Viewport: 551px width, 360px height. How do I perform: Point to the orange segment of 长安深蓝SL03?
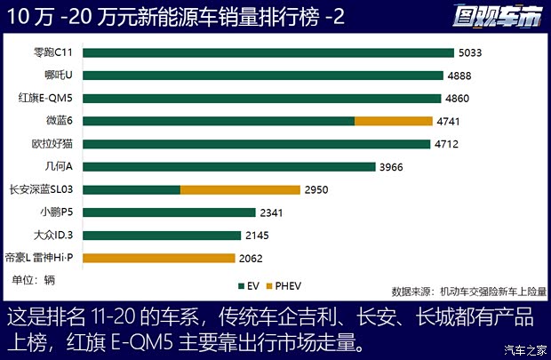(x=240, y=189)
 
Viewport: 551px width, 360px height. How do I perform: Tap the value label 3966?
(x=396, y=166)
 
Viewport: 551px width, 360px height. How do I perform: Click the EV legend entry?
(x=250, y=286)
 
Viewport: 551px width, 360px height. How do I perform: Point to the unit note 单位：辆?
(x=33, y=281)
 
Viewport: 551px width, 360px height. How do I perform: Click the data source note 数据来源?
(x=468, y=291)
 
